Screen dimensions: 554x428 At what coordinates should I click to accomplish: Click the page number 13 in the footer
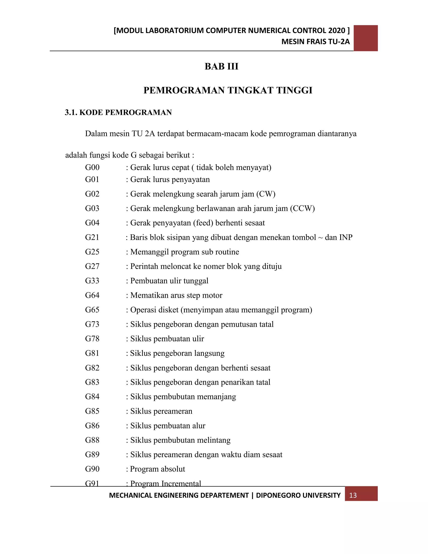(353, 495)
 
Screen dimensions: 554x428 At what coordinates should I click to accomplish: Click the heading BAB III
(221, 66)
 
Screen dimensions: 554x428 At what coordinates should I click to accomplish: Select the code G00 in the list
(92, 167)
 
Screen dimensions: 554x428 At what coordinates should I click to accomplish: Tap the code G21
(92, 237)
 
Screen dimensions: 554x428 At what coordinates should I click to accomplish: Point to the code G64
(92, 295)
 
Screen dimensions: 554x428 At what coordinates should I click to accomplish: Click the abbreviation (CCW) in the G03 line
(302, 208)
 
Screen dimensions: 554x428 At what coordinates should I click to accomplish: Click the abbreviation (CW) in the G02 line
(266, 194)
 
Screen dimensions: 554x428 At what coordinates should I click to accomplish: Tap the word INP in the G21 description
(346, 237)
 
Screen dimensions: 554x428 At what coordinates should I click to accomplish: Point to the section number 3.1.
(71, 112)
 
